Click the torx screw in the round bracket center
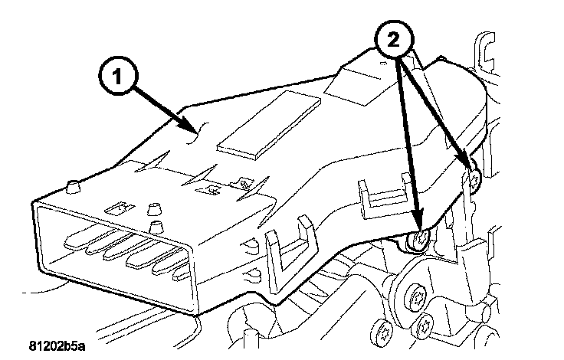point(418,296)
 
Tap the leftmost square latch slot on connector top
point(120,207)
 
